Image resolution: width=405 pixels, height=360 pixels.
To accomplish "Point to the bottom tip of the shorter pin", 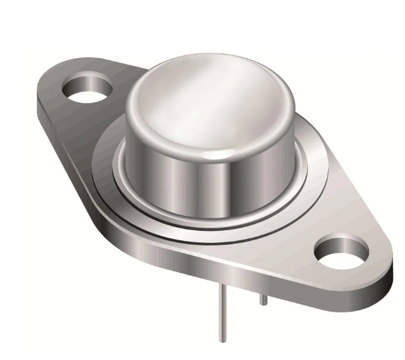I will tap(263, 305).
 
